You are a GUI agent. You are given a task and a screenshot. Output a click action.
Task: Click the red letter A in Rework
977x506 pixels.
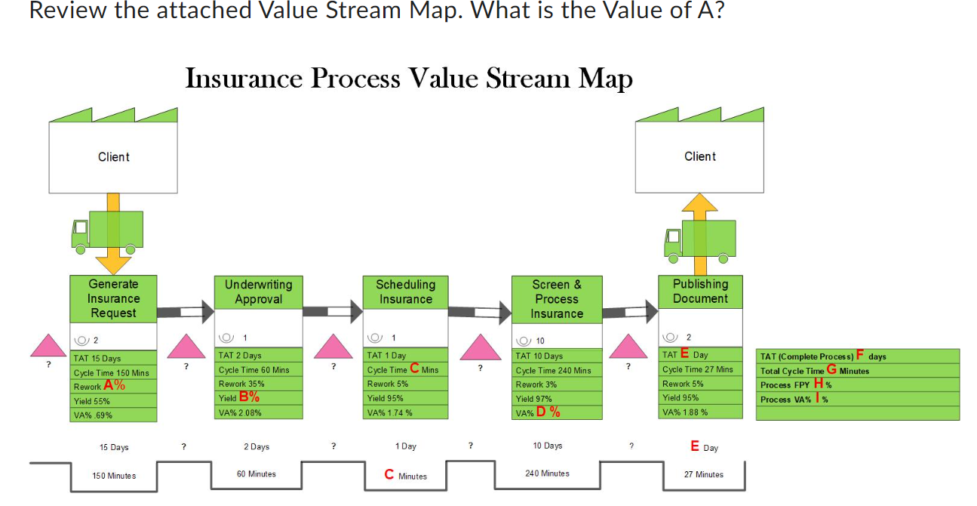[109, 386]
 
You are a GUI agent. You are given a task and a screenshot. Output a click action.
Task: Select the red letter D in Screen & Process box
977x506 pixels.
[542, 412]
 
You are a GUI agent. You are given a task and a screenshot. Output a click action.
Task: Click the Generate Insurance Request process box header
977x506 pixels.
[113, 298]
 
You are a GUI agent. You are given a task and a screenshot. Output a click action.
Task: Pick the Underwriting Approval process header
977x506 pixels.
[259, 292]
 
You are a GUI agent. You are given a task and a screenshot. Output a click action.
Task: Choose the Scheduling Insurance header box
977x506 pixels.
[405, 292]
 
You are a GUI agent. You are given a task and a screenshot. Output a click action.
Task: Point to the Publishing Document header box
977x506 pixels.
[700, 291]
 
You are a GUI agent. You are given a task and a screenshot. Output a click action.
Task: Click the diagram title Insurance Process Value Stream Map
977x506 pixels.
[409, 79]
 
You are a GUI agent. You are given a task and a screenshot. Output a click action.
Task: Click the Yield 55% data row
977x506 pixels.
[113, 401]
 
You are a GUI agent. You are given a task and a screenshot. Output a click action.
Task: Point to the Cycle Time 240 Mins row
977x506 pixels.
[556, 370]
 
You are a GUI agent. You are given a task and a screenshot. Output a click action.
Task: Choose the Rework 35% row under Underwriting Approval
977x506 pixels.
[259, 384]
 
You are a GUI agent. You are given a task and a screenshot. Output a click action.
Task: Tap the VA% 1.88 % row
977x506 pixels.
[700, 412]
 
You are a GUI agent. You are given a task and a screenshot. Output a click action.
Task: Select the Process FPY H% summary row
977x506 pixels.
[857, 384]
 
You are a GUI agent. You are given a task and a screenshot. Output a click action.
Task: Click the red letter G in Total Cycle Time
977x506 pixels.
[832, 370]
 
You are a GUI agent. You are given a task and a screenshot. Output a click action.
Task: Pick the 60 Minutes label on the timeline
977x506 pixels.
[257, 474]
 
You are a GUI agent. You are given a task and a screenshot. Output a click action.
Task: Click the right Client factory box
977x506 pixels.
[699, 156]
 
